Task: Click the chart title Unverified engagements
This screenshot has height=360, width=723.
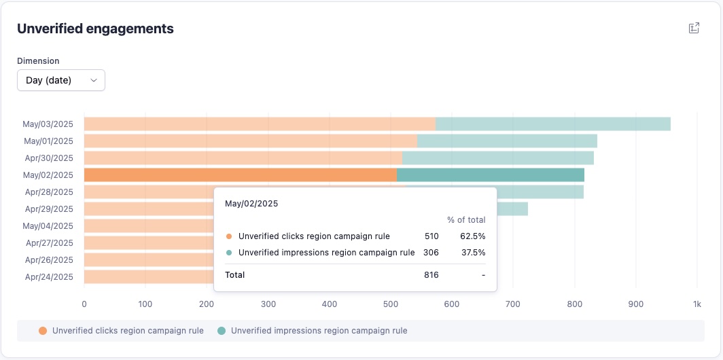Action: pos(95,29)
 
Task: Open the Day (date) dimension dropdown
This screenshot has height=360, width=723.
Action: pos(61,80)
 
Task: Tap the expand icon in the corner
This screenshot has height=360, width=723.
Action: pos(694,28)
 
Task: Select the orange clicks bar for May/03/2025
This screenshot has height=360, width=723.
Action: pos(260,124)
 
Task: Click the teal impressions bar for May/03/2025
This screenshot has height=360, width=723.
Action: pos(553,124)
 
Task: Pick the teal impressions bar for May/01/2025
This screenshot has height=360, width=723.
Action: pos(507,141)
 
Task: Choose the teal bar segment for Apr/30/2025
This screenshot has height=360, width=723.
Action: pos(498,158)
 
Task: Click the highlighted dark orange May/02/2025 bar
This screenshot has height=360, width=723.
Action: pos(241,175)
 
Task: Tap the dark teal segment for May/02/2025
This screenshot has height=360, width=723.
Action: pos(491,175)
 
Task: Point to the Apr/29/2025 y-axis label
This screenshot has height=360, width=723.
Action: pos(50,209)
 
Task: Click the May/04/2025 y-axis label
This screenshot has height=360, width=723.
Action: pos(48,226)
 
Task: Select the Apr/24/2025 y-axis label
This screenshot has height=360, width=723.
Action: pos(50,277)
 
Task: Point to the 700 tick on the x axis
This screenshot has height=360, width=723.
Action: pos(513,304)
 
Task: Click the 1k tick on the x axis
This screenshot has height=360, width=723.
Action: pos(696,304)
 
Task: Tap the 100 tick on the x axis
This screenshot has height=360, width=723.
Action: pos(145,304)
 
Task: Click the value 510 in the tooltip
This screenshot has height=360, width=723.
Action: pos(431,236)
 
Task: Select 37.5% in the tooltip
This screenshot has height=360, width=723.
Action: pos(473,253)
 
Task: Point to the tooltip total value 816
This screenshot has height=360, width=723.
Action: pos(431,275)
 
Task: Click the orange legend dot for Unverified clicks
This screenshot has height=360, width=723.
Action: pos(43,331)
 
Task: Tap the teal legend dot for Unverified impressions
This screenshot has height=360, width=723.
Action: pos(222,331)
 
